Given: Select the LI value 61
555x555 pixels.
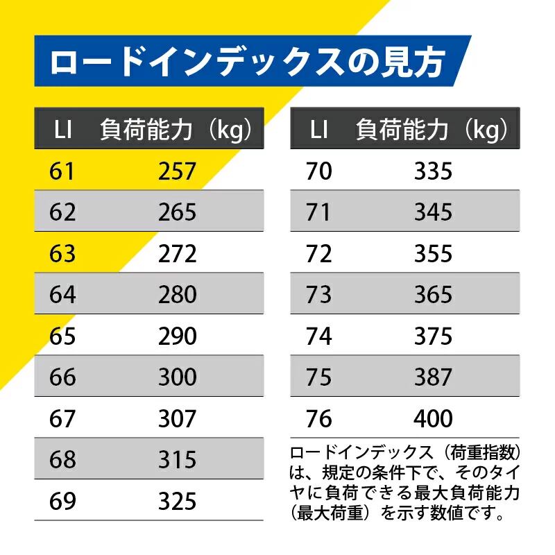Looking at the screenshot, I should coord(62,171).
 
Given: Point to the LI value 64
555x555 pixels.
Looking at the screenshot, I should coord(63,295).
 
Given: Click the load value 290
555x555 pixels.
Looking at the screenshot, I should coord(178,336).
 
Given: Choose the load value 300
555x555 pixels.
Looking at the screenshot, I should coord(178,377).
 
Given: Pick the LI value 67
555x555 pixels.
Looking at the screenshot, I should coord(63,419).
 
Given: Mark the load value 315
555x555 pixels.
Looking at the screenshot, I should coord(178,460).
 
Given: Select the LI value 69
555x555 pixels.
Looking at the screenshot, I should coord(63,501).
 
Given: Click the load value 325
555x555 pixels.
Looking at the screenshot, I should coord(178,501).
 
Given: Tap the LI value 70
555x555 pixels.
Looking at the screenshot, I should coord(318,171).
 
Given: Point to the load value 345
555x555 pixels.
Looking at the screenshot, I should coord(434,212).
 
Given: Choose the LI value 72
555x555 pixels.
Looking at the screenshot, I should coord(318,253).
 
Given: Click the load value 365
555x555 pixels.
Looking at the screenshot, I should coord(434,295).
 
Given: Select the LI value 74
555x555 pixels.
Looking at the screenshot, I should coord(318,336).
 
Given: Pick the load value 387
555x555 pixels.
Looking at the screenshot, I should coord(434,377).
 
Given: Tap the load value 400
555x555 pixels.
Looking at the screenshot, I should coord(434,419).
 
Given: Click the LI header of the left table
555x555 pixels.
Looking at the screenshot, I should coord(63,130).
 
